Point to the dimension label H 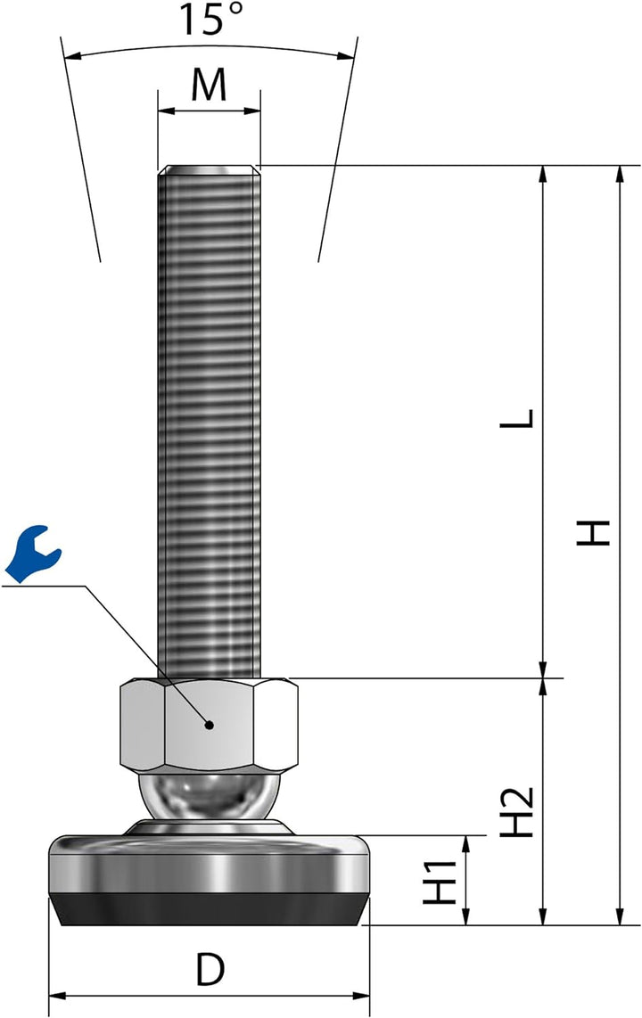tap(593, 532)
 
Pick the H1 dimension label tap(440, 881)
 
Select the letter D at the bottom tap(209, 969)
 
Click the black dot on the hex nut tap(209, 725)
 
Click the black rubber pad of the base tap(209, 909)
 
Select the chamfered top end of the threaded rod tap(209, 170)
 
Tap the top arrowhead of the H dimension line tap(620, 175)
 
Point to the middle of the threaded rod tap(209, 419)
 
